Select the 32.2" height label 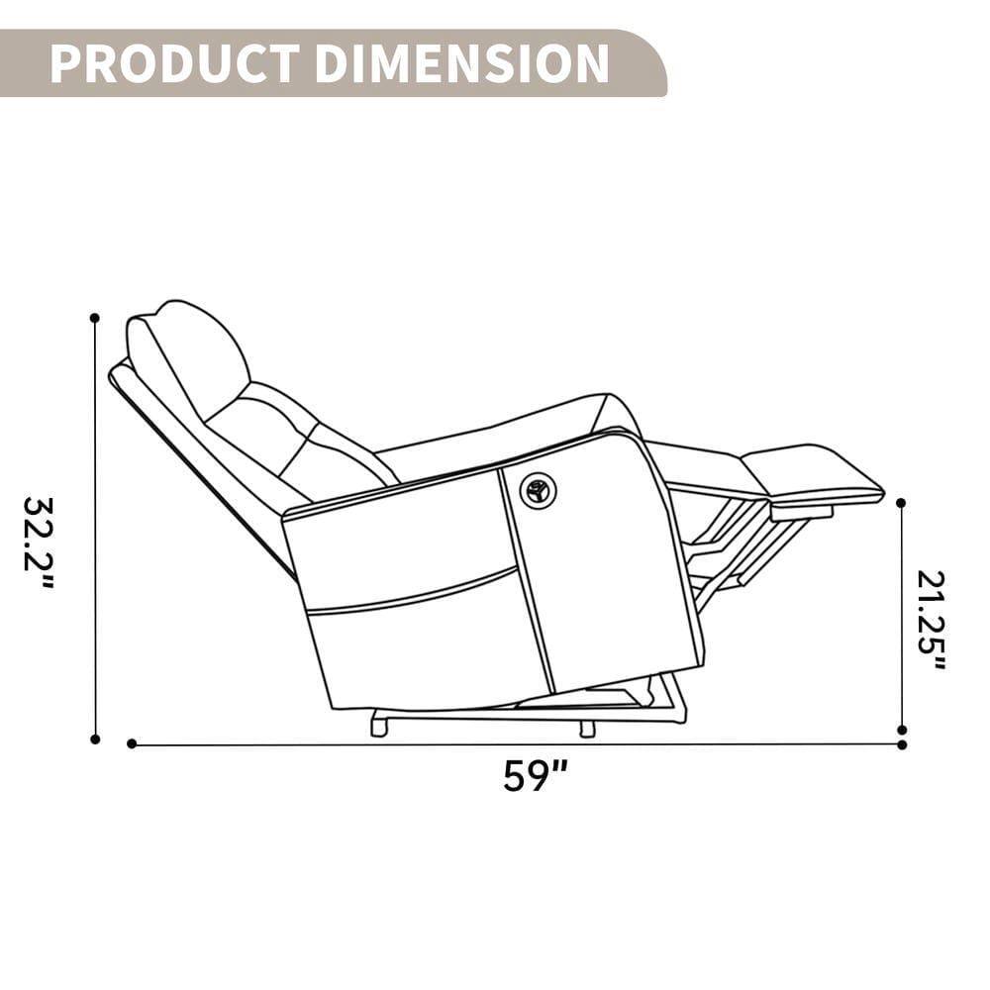[39, 543]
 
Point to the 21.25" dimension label [931, 620]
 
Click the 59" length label [535, 775]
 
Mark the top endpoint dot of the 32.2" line [95, 318]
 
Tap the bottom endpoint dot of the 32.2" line [95, 739]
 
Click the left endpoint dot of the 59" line [132, 743]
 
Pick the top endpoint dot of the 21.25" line [901, 503]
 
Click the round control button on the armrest [539, 490]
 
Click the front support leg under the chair [587, 729]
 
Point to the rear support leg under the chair [378, 727]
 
